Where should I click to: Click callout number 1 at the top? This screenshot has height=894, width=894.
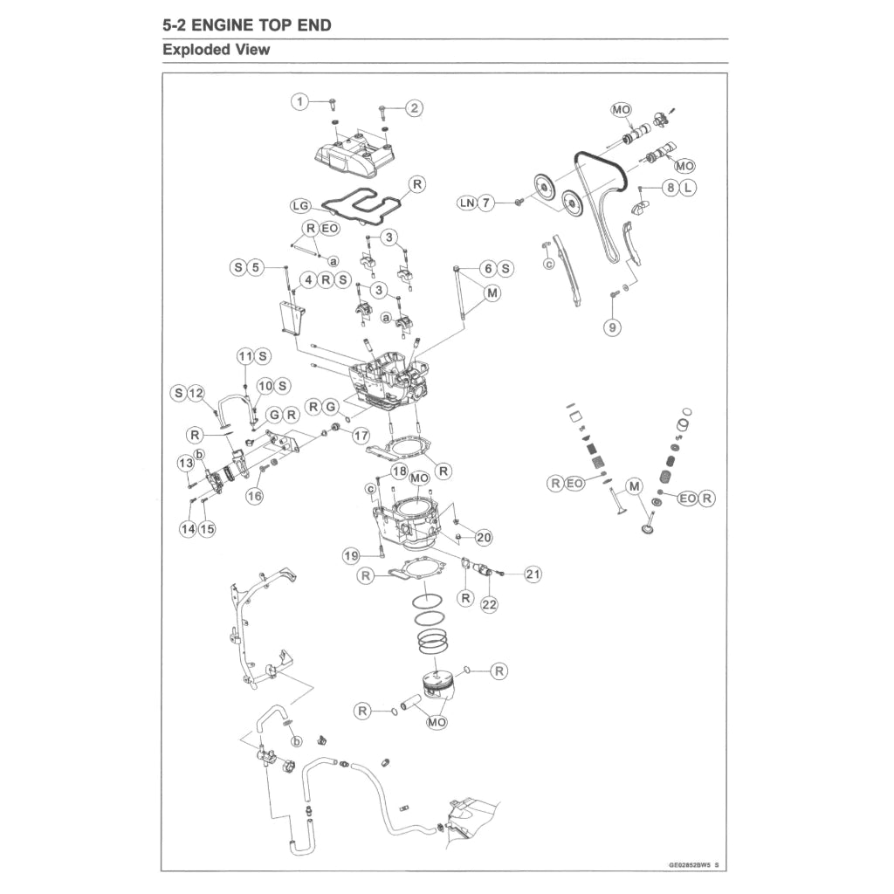(300, 102)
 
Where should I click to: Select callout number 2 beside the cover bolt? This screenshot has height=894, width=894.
(414, 108)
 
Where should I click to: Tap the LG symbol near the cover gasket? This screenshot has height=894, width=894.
(300, 206)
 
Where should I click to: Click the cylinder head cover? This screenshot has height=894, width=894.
(358, 155)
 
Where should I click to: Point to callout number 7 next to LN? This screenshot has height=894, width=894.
(486, 203)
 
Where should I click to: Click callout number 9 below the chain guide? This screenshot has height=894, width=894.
(614, 327)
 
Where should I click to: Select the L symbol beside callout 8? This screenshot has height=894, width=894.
(688, 188)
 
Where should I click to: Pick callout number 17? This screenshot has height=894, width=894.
(361, 434)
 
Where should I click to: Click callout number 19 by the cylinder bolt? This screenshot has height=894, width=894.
(351, 555)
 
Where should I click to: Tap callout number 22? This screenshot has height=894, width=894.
(489, 603)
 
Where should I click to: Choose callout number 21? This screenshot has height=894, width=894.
(533, 574)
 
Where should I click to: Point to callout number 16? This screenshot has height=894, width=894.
(254, 496)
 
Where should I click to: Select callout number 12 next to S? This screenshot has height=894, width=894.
(196, 394)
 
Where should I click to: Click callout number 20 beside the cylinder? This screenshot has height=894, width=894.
(483, 537)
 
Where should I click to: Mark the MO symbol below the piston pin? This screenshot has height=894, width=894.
(437, 723)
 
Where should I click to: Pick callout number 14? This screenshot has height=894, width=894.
(188, 529)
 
